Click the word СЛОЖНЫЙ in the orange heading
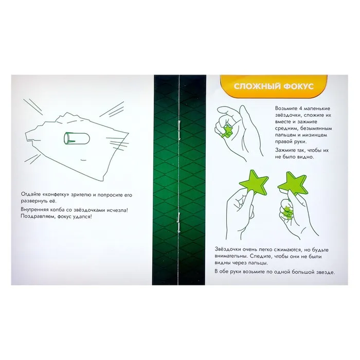click(x=257, y=86)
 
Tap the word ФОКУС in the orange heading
click(x=299, y=86)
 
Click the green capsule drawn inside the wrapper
click(x=77, y=139)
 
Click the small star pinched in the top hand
click(x=226, y=132)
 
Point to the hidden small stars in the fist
click(x=286, y=211)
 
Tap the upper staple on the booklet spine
click(x=178, y=130)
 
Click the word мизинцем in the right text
click(x=315, y=135)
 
